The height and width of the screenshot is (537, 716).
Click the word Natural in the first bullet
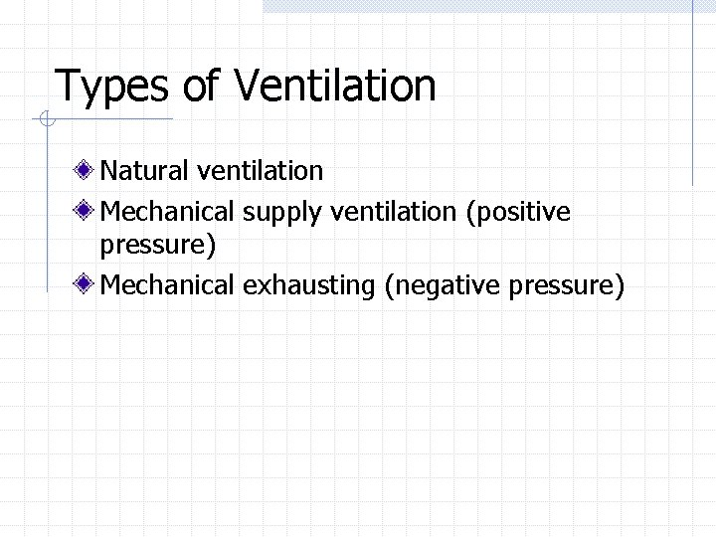[x=144, y=171]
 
